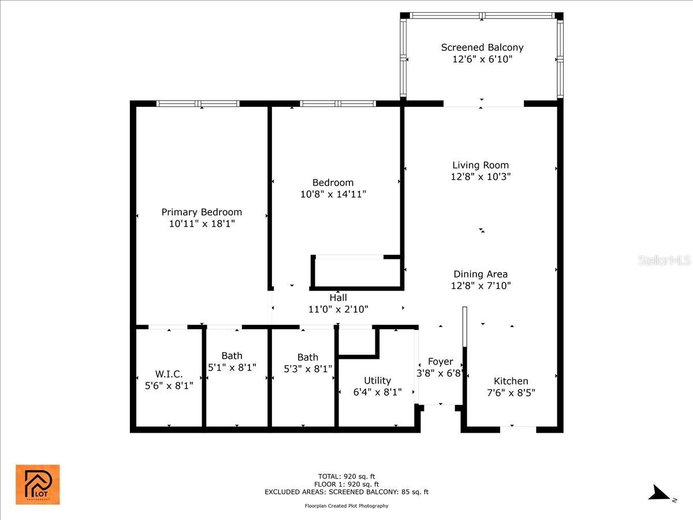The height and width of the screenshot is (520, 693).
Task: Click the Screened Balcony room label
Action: [x=482, y=47]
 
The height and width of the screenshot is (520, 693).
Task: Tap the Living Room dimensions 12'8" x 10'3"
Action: [x=480, y=177]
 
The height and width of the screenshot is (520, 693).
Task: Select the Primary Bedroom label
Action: [x=202, y=212]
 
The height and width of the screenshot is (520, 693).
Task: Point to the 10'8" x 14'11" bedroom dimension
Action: [x=333, y=194]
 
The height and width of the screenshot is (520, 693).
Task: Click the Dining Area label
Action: [x=480, y=274]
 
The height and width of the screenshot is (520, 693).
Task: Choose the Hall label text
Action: [x=338, y=298]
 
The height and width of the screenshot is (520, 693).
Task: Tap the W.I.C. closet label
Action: [x=169, y=374]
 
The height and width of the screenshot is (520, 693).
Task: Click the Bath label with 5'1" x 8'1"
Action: [x=232, y=356]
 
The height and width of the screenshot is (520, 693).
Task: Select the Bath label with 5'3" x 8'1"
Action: [x=308, y=357]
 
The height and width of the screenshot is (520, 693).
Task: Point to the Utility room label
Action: [x=377, y=380]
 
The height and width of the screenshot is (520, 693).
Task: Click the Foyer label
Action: [x=441, y=362]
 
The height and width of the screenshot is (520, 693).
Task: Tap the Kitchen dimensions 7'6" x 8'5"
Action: [x=511, y=393]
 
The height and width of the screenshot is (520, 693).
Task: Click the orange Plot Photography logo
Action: [x=38, y=484]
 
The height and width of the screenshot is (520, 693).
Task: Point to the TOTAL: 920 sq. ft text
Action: [x=346, y=477]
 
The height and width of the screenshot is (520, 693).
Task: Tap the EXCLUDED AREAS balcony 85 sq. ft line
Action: [x=346, y=492]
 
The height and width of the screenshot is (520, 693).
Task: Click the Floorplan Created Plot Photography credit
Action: [x=346, y=506]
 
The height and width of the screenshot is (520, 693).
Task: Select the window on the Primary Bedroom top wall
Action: [x=198, y=104]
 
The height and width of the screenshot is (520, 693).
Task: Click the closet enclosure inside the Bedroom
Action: [x=357, y=272]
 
